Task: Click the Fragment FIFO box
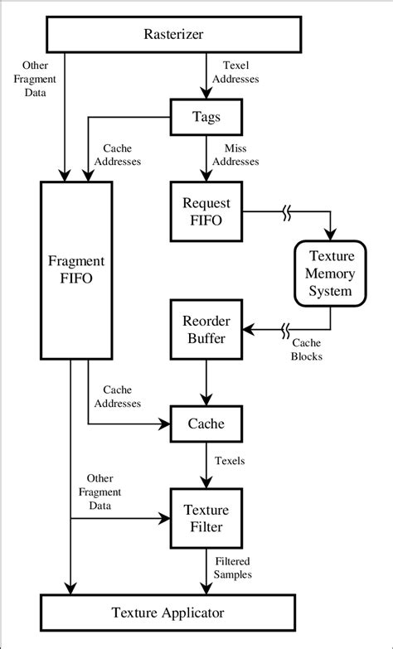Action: pos(75,270)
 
